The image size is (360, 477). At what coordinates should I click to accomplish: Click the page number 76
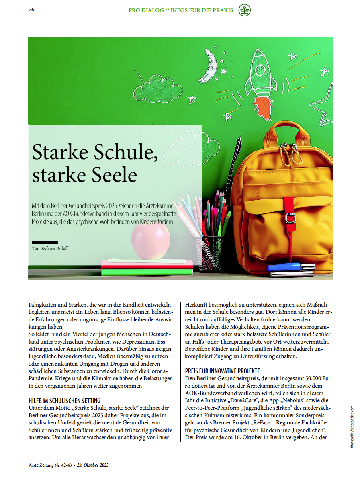pos(31,10)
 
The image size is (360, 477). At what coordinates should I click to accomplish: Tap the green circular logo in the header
pos(244,10)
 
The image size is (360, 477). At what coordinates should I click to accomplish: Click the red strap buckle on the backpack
pos(290,217)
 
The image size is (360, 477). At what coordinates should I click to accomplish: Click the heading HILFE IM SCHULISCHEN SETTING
pos(64,401)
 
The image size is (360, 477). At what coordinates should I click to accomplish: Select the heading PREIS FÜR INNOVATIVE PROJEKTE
pos(222,371)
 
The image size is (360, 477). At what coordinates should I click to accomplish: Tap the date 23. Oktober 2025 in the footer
pos(93,465)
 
